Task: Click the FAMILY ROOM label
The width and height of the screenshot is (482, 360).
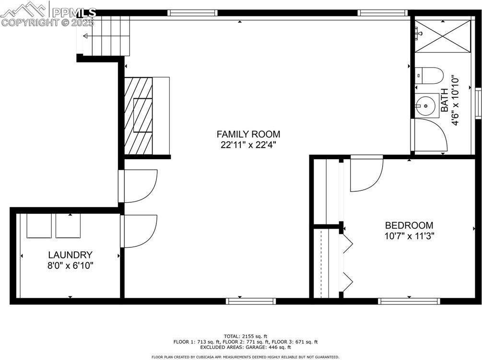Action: pyautogui.click(x=248, y=134)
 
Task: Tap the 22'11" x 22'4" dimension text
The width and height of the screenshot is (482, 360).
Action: pyautogui.click(x=248, y=145)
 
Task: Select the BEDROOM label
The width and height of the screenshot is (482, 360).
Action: pyautogui.click(x=409, y=225)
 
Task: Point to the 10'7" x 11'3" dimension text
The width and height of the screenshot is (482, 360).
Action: pyautogui.click(x=409, y=235)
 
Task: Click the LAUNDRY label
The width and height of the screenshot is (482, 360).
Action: pyautogui.click(x=70, y=255)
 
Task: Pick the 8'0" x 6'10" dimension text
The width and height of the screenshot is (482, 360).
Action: pyautogui.click(x=70, y=266)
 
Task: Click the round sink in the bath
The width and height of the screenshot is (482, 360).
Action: pyautogui.click(x=424, y=105)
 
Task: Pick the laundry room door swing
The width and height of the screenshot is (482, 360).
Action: pyautogui.click(x=139, y=231)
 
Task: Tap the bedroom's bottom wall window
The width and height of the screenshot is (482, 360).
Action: pyautogui.click(x=409, y=301)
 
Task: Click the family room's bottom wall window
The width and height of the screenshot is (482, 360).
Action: pyautogui.click(x=251, y=301)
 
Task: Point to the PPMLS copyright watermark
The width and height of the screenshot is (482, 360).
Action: pyautogui.click(x=48, y=14)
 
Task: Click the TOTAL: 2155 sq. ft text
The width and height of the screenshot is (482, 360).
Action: pyautogui.click(x=245, y=336)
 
